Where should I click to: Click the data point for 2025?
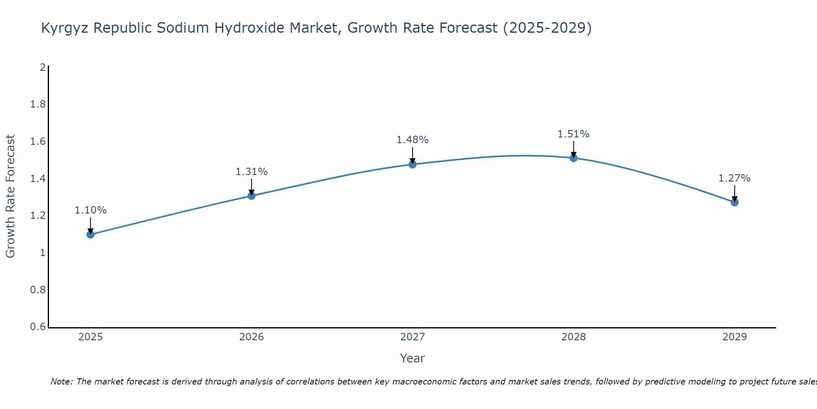pos(90,234)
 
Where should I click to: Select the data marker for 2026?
pos(252,196)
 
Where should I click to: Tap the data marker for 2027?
pos(413,164)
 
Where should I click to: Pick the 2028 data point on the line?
pos(574,158)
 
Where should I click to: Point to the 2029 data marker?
pos(734,202)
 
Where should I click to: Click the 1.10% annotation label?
pos(90,210)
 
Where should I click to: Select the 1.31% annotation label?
pos(252,172)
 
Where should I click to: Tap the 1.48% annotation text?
pos(413,140)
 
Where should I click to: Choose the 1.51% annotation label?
pos(574,134)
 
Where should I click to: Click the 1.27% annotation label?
pos(734,178)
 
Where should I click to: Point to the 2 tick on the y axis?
pos(42,67)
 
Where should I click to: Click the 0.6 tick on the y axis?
pos(38,327)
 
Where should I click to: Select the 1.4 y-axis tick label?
pos(38,178)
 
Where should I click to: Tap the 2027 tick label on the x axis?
pos(413,337)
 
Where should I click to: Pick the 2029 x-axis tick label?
pos(734,337)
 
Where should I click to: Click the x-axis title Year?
pos(413,358)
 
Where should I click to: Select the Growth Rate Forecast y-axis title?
pos(10,196)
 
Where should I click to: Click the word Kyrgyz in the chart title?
pos(65,28)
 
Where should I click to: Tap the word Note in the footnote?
pos(61,382)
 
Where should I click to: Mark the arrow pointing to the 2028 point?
pos(574,149)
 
